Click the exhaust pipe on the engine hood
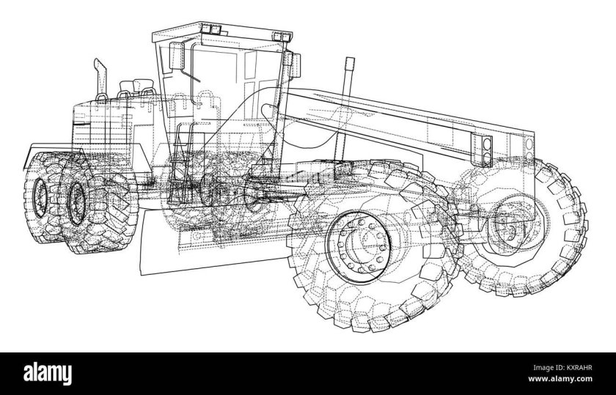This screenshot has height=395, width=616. pos(100,78)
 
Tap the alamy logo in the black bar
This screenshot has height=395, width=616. pos(48,374)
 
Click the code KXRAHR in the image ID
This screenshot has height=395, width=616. pos(579,368)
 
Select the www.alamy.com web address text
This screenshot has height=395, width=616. pos(560,379)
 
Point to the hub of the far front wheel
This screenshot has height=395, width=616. pos(507,227)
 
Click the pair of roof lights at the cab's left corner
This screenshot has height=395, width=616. pos(210,29)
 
